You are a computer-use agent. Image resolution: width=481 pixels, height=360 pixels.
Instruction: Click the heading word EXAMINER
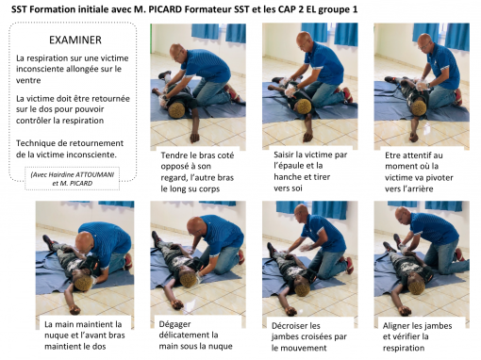pyautogui.click(x=75, y=40)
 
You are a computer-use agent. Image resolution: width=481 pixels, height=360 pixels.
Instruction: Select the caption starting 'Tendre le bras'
pyautogui.click(x=197, y=172)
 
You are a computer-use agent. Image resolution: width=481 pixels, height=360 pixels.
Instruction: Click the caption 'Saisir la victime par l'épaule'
pyautogui.click(x=310, y=172)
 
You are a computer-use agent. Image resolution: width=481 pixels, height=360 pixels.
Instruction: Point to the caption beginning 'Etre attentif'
pyautogui.click(x=419, y=172)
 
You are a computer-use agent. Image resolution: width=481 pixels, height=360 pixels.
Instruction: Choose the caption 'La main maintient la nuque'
pyautogui.click(x=84, y=335)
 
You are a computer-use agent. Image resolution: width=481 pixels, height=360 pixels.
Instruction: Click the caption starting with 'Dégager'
pyautogui.click(x=195, y=335)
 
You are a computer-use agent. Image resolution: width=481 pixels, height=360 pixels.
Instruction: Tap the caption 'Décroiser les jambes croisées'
pyautogui.click(x=309, y=336)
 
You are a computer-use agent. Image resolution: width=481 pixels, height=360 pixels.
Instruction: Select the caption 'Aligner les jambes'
pyautogui.click(x=417, y=336)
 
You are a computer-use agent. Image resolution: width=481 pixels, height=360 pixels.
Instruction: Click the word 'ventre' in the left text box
pyautogui.click(x=28, y=80)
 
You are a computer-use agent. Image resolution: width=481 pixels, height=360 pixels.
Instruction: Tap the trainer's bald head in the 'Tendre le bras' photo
pyautogui.click(x=177, y=52)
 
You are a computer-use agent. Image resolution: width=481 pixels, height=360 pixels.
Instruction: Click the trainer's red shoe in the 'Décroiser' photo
pyautogui.click(x=348, y=266)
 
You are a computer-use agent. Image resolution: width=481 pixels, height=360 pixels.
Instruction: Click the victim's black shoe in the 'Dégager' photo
pyautogui.click(x=156, y=237)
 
